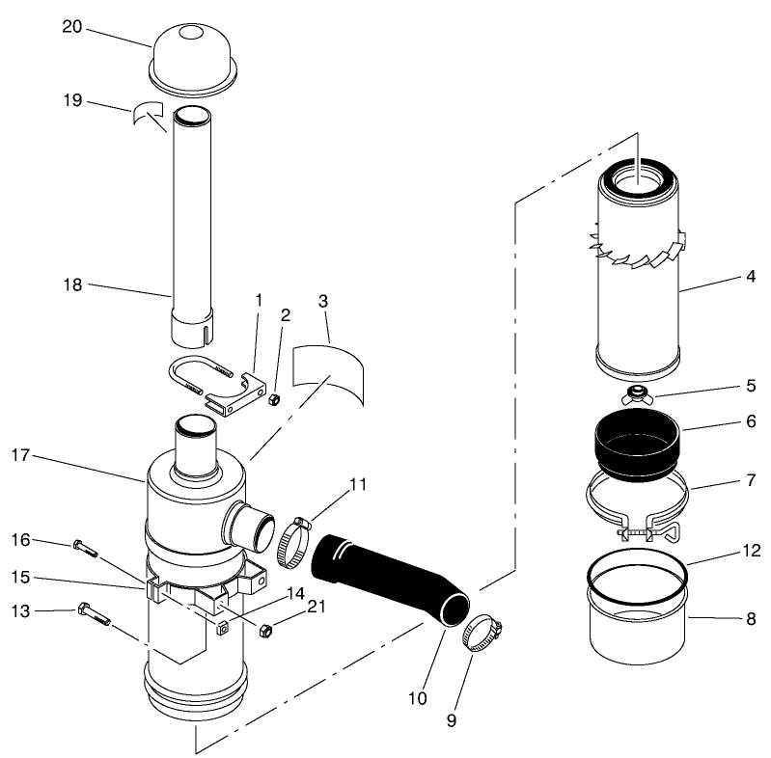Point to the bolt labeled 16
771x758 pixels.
pyautogui.click(x=84, y=550)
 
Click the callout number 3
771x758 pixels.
pyautogui.click(x=323, y=301)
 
